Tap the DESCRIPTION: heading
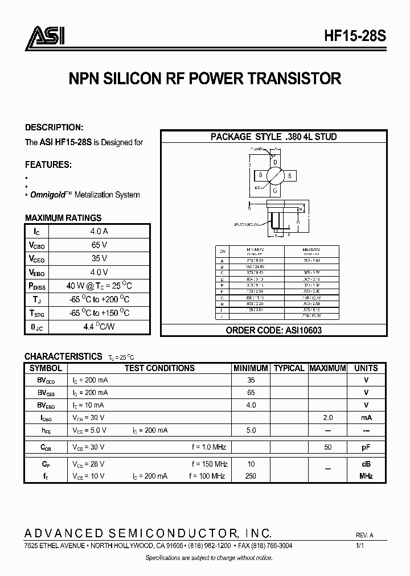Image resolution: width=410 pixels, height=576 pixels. [54, 127]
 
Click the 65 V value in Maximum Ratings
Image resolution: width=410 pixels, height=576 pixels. [100, 245]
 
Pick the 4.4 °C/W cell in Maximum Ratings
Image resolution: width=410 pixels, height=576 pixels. [100, 327]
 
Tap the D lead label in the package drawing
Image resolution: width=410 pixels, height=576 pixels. [275, 162]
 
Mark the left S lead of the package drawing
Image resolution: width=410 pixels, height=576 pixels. [260, 175]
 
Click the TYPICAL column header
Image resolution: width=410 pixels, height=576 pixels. [289, 368]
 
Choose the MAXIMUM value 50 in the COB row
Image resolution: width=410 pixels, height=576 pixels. [328, 448]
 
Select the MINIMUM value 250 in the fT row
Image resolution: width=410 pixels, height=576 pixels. [251, 476]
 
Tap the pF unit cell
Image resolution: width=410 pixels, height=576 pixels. [366, 448]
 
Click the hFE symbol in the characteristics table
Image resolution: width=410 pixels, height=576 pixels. [46, 431]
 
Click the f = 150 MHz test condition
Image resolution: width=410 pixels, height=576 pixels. [210, 464]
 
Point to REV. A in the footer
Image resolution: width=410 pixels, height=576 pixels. [364, 536]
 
